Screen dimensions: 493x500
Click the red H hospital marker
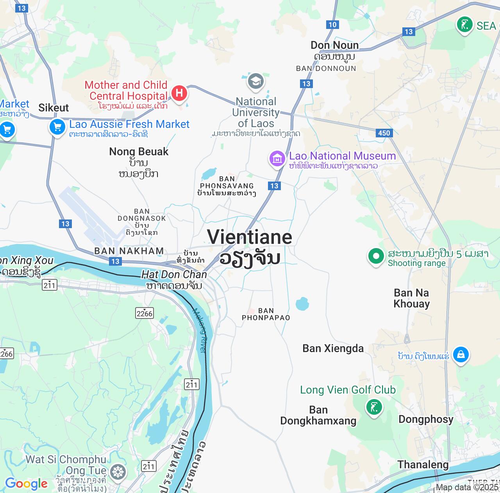tap(179, 93)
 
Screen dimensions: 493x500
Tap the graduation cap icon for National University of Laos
tap(256, 81)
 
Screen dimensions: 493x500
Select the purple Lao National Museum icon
tap(277, 158)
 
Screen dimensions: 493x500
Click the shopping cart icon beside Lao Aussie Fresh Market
tap(57, 127)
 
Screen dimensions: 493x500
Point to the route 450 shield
tap(384, 133)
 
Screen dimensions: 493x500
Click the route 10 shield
tap(332, 25)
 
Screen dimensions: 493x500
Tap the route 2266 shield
tap(145, 313)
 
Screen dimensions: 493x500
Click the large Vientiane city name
tap(250, 237)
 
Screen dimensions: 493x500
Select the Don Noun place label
tap(335, 45)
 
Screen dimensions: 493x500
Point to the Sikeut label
tap(54, 108)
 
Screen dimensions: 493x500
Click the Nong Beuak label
tap(139, 152)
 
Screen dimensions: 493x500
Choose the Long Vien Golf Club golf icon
tap(374, 407)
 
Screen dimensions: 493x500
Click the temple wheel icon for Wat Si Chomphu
tap(118, 472)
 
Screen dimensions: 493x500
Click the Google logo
tap(26, 484)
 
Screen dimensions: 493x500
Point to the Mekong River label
tap(199, 331)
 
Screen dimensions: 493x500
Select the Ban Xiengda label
tap(333, 349)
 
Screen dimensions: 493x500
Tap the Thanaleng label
tap(423, 465)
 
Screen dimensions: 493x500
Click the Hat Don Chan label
tap(174, 275)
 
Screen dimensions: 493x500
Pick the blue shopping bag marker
tap(461, 354)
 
